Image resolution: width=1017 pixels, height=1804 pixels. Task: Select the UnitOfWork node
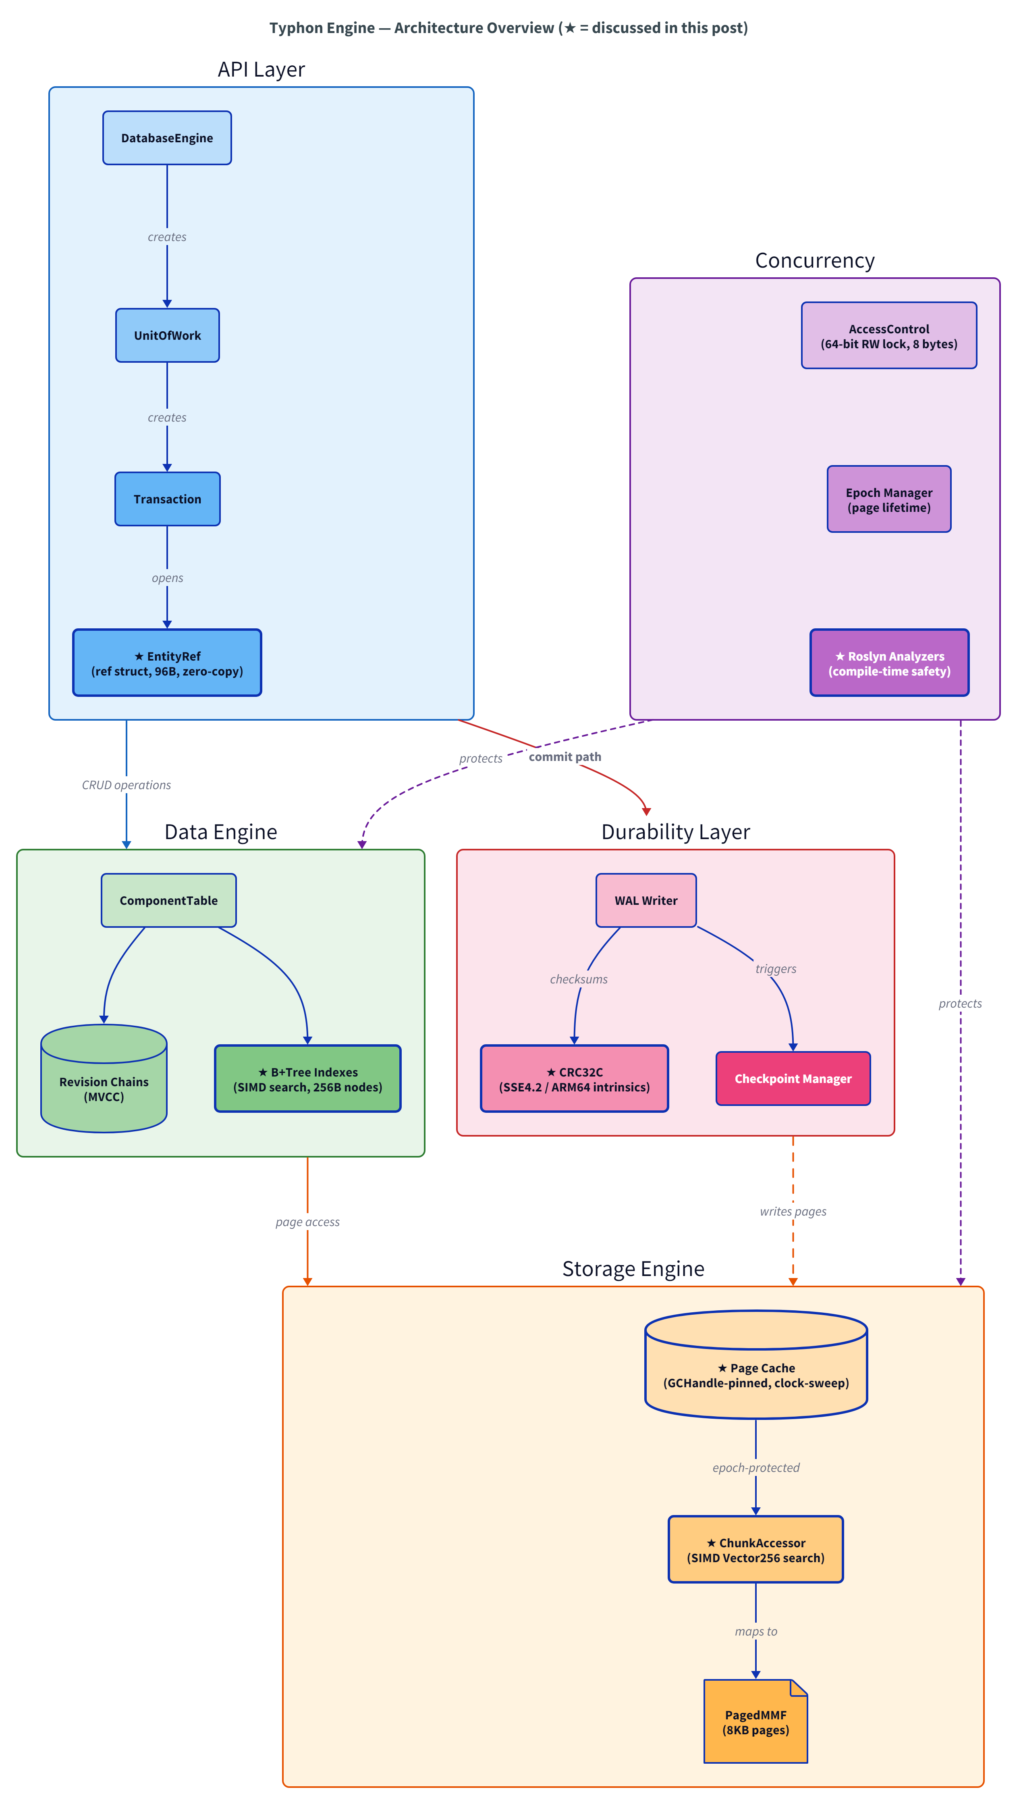pos(167,335)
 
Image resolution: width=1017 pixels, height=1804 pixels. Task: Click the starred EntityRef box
pos(167,663)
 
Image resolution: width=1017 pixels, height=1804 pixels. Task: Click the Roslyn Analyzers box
pos(889,663)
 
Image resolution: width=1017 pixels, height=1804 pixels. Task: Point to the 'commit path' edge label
pos(565,757)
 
